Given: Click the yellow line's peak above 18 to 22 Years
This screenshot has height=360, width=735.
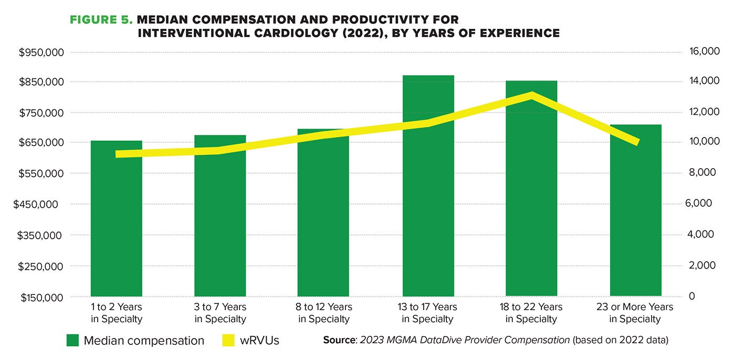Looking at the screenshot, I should point(532,95).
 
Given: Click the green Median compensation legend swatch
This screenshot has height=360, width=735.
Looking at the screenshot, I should point(73,341).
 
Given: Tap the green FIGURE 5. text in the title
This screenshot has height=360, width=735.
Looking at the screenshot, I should point(101,20).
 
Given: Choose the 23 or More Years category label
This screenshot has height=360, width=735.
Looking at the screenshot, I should point(635,312).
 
